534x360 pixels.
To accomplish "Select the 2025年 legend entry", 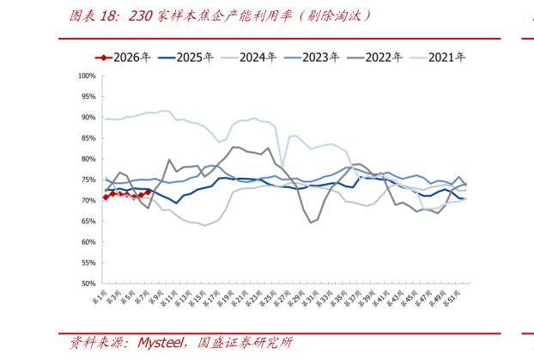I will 182,58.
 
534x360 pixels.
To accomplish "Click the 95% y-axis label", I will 85,96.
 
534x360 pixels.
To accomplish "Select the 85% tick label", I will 85,138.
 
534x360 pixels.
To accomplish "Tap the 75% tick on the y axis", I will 85,180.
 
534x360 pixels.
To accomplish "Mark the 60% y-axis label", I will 85,242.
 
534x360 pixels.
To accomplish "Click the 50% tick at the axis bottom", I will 85,284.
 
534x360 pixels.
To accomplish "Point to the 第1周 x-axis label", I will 100,299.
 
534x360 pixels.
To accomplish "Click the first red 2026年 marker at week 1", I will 106,197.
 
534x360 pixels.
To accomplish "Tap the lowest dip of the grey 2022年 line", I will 311,223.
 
